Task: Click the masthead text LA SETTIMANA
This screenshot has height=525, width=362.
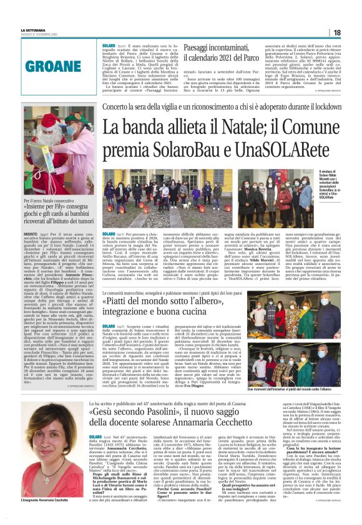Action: coord(34,30)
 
